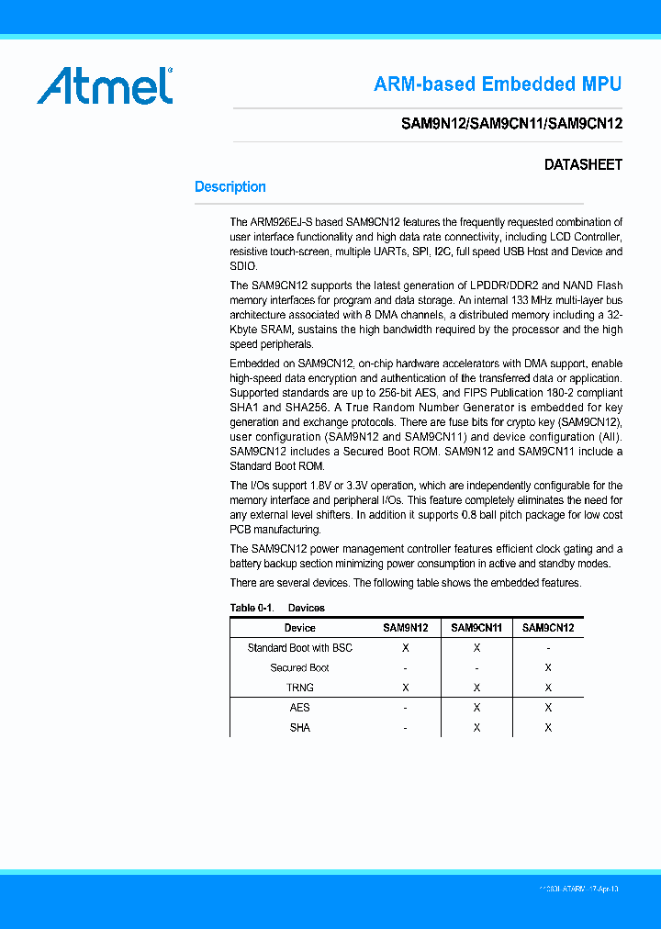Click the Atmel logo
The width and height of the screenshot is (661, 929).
pos(105,85)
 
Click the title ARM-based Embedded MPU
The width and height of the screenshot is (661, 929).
pos(498,84)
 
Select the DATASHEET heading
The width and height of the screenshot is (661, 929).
pos(583,165)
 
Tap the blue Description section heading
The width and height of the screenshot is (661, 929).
pos(230,187)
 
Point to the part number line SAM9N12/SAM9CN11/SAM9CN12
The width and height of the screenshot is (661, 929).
pos(512,124)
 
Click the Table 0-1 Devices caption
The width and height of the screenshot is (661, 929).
pos(277,608)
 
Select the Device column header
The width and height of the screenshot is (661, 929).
pos(300,628)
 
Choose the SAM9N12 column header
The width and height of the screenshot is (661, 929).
pos(406,628)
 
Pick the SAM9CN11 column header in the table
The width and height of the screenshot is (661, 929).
pos(476,628)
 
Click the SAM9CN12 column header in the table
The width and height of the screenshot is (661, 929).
pos(548,628)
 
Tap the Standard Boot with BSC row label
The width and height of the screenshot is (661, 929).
pos(300,648)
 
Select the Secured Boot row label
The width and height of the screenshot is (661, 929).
pos(300,668)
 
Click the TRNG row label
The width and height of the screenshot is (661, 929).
pos(300,688)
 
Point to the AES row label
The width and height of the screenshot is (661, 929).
pos(300,708)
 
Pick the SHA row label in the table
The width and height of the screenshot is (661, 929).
pos(300,728)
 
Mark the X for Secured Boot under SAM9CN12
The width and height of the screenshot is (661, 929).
pos(548,668)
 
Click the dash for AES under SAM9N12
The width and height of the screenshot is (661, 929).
pos(406,708)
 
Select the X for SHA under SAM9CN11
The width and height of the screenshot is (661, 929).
pos(476,728)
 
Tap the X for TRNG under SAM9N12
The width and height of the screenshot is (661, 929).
pos(406,688)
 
